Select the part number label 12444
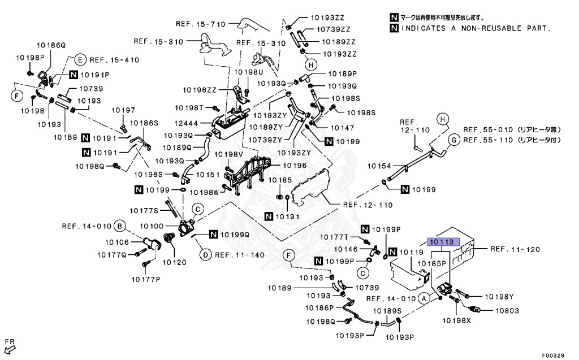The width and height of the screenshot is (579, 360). tap(194, 123)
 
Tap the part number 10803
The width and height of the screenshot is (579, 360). tap(507, 310)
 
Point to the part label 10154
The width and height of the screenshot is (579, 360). tap(379, 166)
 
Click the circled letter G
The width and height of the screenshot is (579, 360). tap(453, 139)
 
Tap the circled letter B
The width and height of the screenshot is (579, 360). tap(119, 227)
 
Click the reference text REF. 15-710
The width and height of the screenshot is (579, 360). tap(200, 24)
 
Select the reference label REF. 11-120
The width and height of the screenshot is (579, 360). tap(515, 249)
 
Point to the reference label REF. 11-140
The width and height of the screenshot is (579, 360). tap(239, 255)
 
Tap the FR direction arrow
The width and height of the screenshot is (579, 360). tap(9, 346)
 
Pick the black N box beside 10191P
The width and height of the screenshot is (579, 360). tap(74, 74)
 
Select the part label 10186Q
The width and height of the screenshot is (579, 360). tap(51, 44)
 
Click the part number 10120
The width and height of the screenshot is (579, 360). tap(175, 262)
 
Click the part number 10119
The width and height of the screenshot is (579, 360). tap(412, 252)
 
